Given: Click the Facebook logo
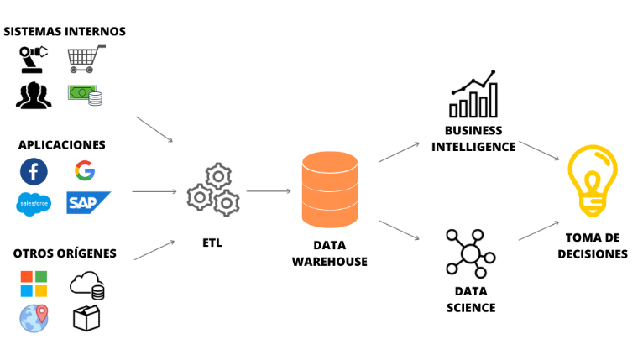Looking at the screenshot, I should tap(34, 171).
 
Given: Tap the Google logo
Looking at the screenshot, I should tap(84, 171).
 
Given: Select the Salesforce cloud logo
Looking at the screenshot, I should tap(34, 203).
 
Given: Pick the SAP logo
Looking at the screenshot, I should tap(88, 202).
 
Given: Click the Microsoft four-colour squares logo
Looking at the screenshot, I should tap(34, 284).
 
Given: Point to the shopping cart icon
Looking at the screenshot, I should tap(86, 58).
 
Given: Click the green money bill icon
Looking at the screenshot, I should tap(86, 94).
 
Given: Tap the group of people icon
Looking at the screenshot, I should tap(33, 95).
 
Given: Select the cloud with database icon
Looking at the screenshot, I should tap(88, 285).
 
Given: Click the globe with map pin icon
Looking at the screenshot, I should tap(34, 317).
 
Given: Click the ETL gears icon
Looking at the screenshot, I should tap(212, 190).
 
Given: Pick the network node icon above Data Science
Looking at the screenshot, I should tap(469, 253).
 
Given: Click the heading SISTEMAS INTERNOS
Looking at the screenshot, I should tap(65, 31).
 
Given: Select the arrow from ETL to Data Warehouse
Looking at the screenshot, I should tap(268, 191).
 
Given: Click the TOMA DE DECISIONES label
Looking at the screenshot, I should tap(592, 245).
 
